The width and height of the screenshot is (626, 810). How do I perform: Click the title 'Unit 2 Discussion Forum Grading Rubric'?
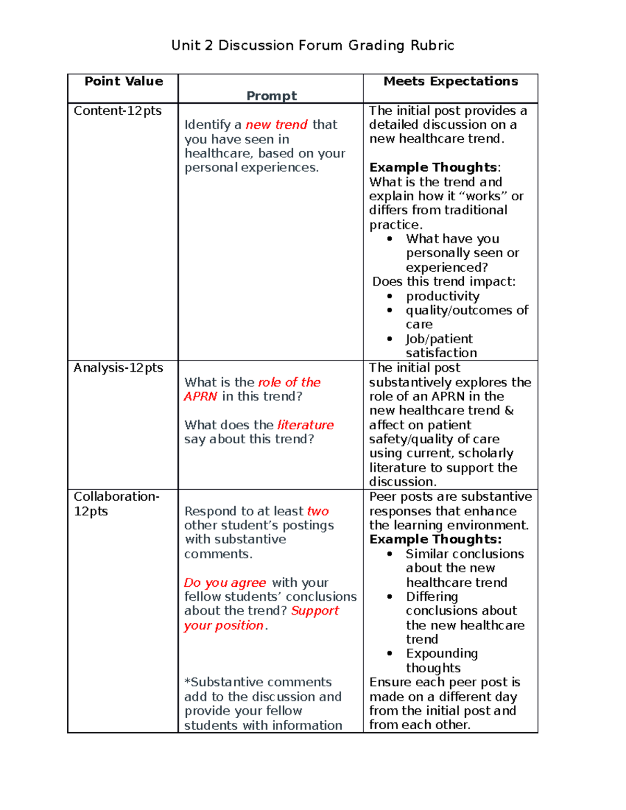pos(312,45)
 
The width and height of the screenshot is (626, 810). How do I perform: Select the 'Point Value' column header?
pos(124,81)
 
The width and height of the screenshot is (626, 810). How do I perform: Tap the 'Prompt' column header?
pos(271,96)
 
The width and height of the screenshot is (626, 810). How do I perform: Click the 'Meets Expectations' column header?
pos(451,81)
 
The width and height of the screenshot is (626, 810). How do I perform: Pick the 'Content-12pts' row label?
pos(117,111)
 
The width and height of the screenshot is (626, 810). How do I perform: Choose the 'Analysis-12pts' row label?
pos(118,368)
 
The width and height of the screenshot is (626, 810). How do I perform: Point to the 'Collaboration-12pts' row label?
pos(116,503)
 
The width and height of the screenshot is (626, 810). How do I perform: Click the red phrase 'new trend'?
pos(276,125)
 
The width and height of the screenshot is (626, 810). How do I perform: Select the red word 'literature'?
pos(305,425)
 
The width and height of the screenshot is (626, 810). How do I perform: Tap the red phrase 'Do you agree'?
pos(225,583)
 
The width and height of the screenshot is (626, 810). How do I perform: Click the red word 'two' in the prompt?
pos(318,511)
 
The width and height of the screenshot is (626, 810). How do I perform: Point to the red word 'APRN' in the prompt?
pos(200,396)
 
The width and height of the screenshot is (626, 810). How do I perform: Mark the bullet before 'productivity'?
pos(390,296)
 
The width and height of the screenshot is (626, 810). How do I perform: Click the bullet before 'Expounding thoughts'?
pos(390,654)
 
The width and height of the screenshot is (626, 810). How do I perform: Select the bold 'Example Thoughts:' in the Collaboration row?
pos(435,539)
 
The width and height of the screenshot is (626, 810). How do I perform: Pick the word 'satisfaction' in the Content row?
pos(441,353)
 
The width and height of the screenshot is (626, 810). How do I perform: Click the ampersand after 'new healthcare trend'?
pos(509,410)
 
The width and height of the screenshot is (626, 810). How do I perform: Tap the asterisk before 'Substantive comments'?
pos(187,682)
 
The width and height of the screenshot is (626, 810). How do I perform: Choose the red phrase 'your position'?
pos(224,625)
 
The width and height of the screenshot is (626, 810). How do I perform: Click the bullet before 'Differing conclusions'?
pos(390,597)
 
